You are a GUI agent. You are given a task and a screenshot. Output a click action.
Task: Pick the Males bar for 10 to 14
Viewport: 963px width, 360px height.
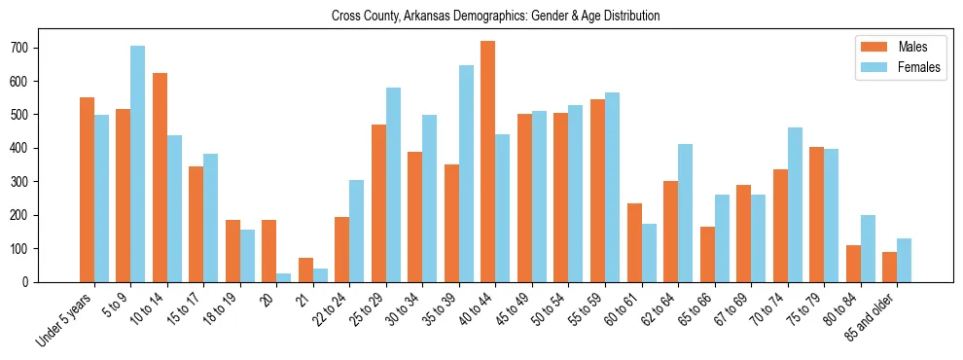click(x=160, y=177)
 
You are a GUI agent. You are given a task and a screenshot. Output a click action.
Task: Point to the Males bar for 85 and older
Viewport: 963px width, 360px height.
click(x=890, y=267)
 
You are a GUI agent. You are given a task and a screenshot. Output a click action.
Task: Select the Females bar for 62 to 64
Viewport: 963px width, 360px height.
click(x=686, y=213)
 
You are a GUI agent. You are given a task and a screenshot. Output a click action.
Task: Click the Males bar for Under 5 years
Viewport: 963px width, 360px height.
click(x=87, y=190)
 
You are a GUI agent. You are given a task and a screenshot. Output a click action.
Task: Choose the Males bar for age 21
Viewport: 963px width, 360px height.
click(x=305, y=270)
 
